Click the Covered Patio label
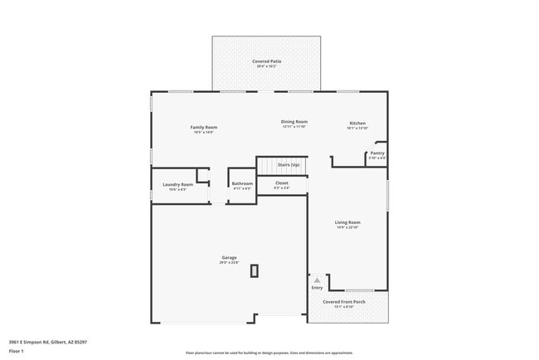coord(266,61)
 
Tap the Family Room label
coord(204,127)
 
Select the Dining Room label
coord(294,122)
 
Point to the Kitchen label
coord(357,124)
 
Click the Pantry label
coord(377,153)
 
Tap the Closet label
coord(282,182)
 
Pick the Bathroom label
coord(242,183)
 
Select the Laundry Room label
coord(177,184)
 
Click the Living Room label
coord(347,222)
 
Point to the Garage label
coord(229,257)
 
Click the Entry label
coord(317,288)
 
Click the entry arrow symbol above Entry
coord(317,280)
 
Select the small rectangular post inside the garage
coord(255,270)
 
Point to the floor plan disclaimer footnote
coord(269,353)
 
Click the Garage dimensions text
coord(229,262)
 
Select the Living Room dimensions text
coord(347,227)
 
